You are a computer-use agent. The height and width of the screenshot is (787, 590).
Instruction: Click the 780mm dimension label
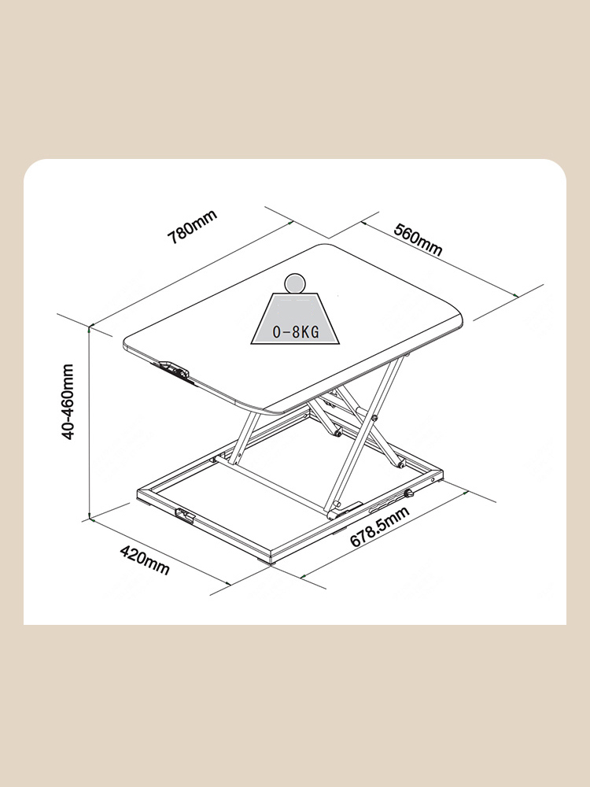[x=193, y=227]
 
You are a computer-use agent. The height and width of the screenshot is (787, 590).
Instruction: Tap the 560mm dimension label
[x=418, y=239]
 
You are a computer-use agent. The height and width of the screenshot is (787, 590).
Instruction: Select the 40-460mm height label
[x=68, y=402]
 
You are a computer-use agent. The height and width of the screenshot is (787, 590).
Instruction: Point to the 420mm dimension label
[x=145, y=560]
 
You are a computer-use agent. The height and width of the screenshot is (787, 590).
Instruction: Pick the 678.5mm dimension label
[x=380, y=527]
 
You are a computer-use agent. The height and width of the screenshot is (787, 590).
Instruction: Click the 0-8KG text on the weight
[x=296, y=332]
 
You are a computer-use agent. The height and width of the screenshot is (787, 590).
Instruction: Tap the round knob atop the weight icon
[x=295, y=283]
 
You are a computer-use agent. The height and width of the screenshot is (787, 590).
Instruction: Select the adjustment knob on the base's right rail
[x=409, y=494]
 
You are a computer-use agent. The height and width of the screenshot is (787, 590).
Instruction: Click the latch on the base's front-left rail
[x=185, y=515]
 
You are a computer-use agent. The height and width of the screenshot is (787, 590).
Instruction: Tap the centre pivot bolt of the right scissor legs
[x=374, y=418]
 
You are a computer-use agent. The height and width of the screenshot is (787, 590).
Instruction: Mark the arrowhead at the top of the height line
[x=90, y=328]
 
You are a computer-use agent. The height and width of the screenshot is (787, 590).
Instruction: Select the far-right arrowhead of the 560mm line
[x=516, y=296]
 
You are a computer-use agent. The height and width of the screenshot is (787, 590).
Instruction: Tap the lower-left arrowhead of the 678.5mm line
[x=303, y=577]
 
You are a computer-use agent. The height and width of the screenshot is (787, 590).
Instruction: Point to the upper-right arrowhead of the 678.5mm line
[x=466, y=493]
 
